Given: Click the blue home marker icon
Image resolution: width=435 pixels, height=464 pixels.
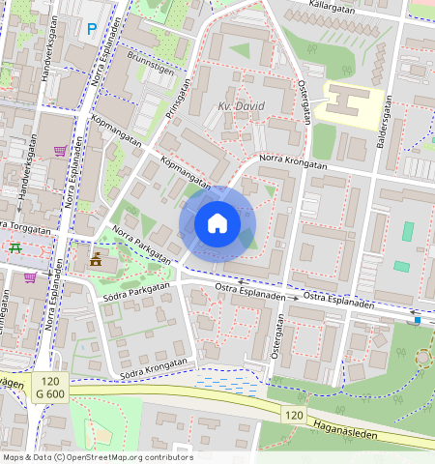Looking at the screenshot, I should click(217, 224).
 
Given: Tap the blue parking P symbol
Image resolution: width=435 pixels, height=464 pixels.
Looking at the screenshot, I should click(92, 30).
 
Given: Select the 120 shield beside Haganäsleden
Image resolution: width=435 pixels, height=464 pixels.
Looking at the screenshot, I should click(294, 414).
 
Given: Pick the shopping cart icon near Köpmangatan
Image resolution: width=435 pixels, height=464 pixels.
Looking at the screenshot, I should click(61, 151).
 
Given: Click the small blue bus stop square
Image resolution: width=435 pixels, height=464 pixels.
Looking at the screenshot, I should click(417, 319).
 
